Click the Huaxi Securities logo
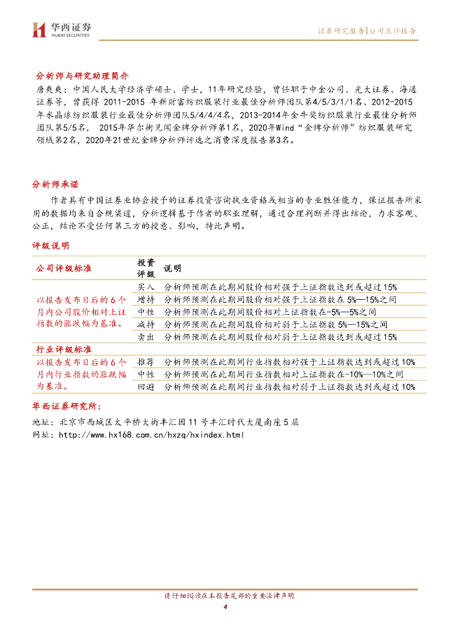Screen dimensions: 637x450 click(62, 29)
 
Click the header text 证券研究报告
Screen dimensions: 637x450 click(341, 30)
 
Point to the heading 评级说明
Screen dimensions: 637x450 click(50, 246)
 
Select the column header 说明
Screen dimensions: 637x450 click(172, 268)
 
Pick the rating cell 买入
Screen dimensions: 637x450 click(146, 287)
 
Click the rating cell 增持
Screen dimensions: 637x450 click(146, 299)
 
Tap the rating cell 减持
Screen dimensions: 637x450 click(146, 324)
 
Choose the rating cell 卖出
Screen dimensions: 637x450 click(146, 337)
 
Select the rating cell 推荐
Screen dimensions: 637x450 click(146, 362)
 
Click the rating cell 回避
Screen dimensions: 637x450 click(146, 387)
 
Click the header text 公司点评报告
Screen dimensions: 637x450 click(392, 30)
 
